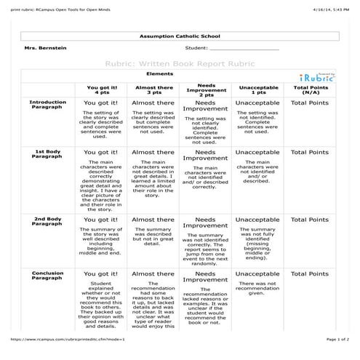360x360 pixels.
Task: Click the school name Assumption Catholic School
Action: click(x=179, y=36)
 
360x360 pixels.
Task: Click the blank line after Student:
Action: click(x=244, y=49)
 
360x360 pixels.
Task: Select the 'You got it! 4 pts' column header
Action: click(x=101, y=89)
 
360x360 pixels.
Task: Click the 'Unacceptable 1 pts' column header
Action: click(x=257, y=89)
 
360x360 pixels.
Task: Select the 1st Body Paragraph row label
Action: click(x=48, y=153)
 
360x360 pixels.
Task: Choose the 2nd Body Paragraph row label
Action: click(x=48, y=221)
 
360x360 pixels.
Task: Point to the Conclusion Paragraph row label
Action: click(x=48, y=276)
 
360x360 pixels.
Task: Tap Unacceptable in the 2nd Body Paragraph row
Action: click(x=257, y=220)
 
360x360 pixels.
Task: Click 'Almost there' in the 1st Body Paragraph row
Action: click(x=153, y=152)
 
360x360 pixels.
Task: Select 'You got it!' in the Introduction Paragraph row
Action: click(x=102, y=103)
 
